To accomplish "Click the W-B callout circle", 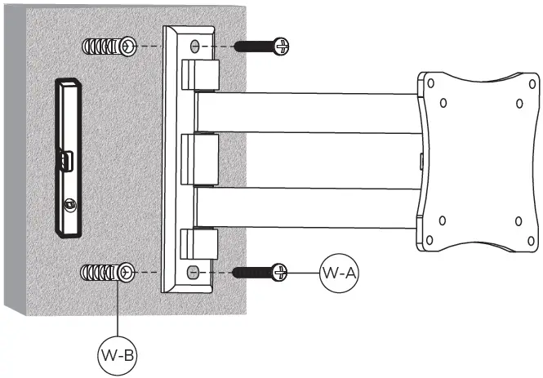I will (x=118, y=356).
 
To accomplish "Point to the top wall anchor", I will (x=108, y=48).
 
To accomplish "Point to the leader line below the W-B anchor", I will (x=119, y=310).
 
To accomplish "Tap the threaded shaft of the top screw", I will (x=253, y=46).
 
